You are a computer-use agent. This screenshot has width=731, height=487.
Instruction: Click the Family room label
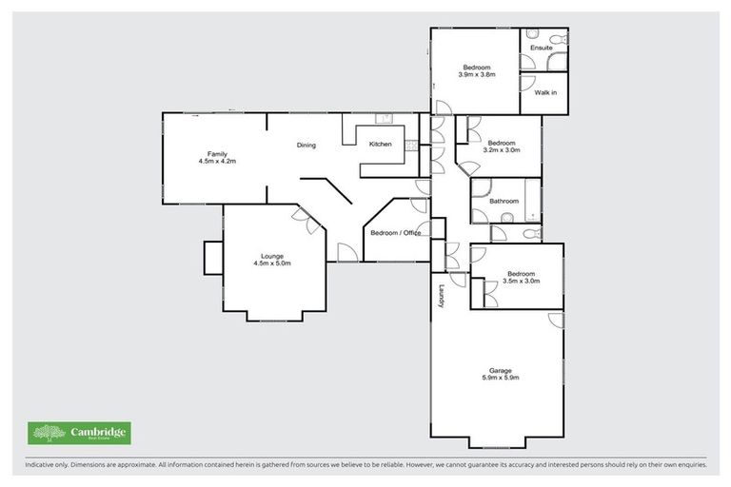point(217,153)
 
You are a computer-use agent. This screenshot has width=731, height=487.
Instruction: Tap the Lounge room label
point(272,255)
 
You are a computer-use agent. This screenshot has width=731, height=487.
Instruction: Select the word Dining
point(306,146)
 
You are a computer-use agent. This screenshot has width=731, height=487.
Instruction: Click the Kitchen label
point(380,144)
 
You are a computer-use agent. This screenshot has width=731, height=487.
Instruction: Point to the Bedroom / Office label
point(395,233)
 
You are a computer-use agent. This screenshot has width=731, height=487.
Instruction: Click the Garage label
point(501,370)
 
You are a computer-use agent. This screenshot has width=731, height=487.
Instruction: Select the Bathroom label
point(504,201)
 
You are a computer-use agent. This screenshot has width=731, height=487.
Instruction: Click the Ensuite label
point(543,46)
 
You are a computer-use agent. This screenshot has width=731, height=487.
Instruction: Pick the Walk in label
point(545,92)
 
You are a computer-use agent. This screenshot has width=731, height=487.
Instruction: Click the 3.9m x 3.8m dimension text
point(477,74)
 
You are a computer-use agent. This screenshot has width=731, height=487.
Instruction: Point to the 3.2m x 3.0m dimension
point(502,150)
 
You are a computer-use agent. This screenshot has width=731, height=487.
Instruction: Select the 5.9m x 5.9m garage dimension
point(501,379)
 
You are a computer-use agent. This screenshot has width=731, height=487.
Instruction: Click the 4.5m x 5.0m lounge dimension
point(272,263)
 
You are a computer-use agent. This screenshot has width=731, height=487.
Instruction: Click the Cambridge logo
point(79,434)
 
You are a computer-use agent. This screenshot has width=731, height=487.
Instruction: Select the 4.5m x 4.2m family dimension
point(217,162)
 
